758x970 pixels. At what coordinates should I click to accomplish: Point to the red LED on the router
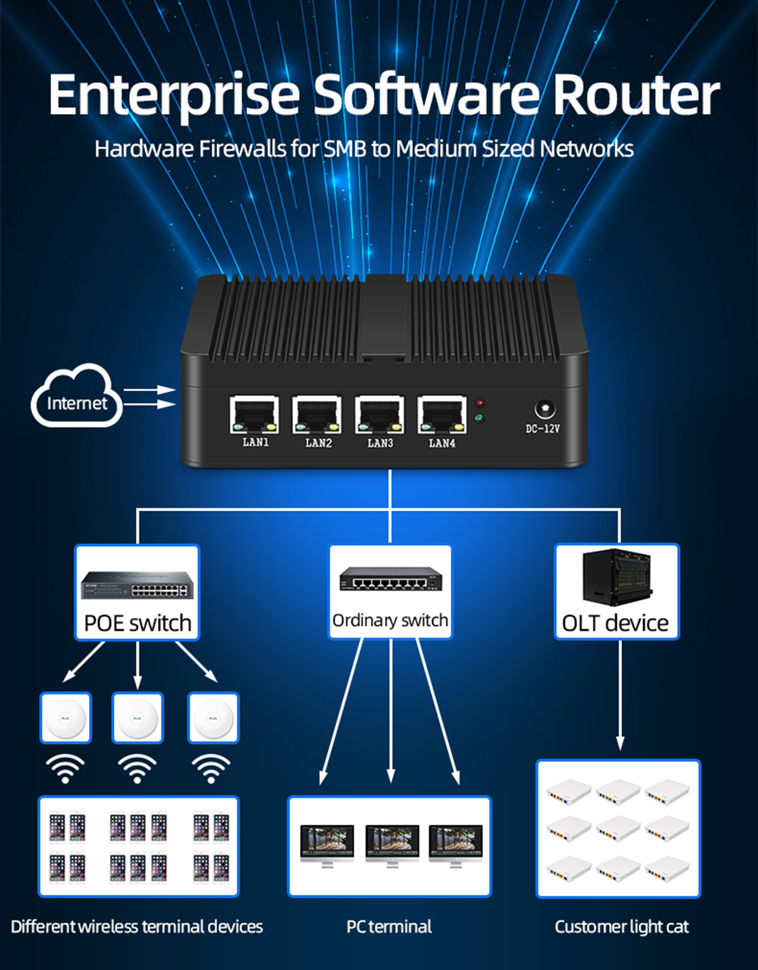pyautogui.click(x=480, y=403)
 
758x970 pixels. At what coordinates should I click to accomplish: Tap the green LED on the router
pyautogui.click(x=480, y=418)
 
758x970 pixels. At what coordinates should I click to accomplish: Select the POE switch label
pyautogui.click(x=138, y=623)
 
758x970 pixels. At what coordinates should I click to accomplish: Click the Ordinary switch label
pyautogui.click(x=390, y=620)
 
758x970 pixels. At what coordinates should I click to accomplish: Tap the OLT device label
pyautogui.click(x=615, y=623)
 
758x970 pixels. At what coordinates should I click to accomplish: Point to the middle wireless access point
pyautogui.click(x=138, y=718)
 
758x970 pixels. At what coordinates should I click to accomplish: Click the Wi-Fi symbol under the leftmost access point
pyautogui.click(x=65, y=770)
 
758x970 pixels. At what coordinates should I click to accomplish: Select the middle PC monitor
pyautogui.click(x=391, y=843)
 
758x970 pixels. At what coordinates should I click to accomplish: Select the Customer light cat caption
pyautogui.click(x=622, y=926)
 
